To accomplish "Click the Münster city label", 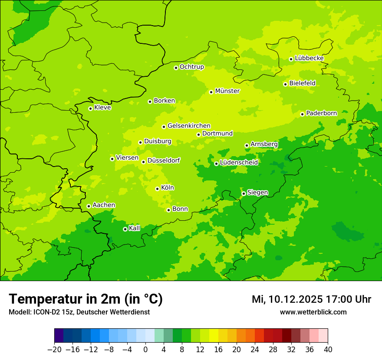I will click(x=227, y=91).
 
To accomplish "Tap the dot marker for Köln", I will click(x=157, y=189).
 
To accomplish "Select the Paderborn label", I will click(x=321, y=113).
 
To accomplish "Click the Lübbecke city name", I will click(x=309, y=58).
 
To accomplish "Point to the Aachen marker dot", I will click(x=89, y=206).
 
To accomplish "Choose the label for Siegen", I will click(x=257, y=193).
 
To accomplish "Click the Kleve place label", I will click(x=102, y=108).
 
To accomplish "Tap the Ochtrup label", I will click(x=191, y=67).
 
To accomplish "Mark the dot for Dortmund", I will click(x=198, y=134).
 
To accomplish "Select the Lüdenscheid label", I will click(x=239, y=163).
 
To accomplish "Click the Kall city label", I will click(x=135, y=228).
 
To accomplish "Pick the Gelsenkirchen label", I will click(x=189, y=126).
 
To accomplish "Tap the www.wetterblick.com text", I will click(x=313, y=312).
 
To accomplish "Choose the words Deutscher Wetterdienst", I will click(x=114, y=312).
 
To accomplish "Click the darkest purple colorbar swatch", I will click(x=59, y=336).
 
